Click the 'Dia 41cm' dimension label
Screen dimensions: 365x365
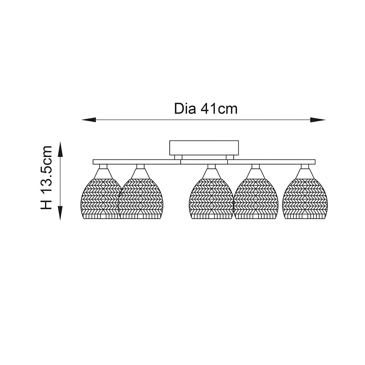click(206, 109)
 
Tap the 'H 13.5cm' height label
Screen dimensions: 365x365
click(46, 178)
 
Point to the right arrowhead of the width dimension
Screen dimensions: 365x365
click(318, 120)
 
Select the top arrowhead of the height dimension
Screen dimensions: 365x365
click(60, 149)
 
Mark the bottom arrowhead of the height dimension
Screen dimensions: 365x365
click(60, 213)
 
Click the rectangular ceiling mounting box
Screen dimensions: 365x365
click(204, 147)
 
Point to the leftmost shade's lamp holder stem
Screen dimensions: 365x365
click(103, 166)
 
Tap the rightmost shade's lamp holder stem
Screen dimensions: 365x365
click(305, 166)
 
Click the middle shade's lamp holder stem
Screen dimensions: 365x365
click(211, 166)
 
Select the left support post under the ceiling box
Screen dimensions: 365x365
click(178, 157)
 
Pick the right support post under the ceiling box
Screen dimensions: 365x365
click(230, 157)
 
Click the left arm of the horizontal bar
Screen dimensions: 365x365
click(137, 162)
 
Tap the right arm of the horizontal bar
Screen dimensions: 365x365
click(271, 162)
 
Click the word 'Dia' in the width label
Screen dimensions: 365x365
click(185, 109)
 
